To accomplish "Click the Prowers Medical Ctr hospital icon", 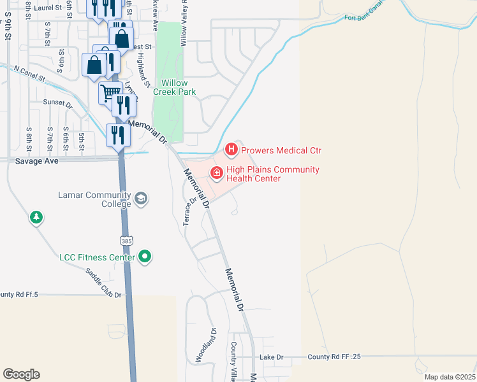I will (231, 150).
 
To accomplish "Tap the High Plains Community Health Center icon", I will (217, 173).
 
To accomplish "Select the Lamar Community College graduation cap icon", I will (141, 200).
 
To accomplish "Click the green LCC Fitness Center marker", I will (145, 257).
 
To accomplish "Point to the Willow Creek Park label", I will (174, 87).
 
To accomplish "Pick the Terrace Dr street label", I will (190, 211).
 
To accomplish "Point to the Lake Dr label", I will (271, 357).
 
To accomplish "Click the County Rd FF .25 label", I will (334, 357).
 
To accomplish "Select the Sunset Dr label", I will (58, 102).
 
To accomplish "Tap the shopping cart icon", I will (110, 93).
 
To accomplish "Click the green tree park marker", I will (36, 218).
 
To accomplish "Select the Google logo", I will (21, 374).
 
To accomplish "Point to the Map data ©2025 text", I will (449, 377).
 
